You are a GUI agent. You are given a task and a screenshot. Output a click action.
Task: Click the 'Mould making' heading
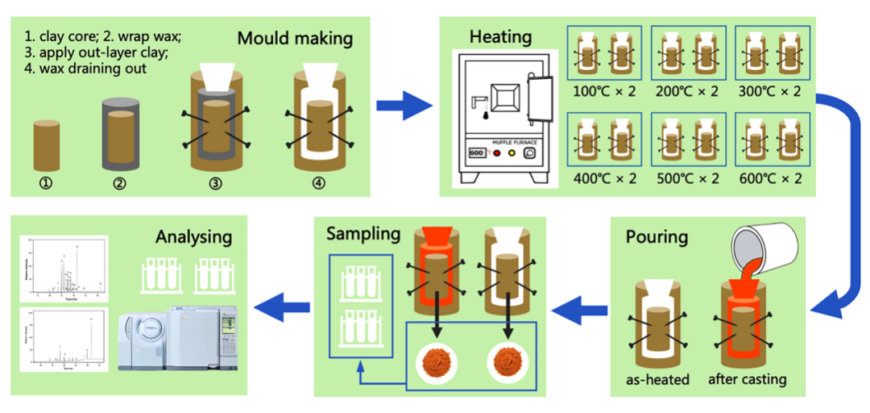(296, 38)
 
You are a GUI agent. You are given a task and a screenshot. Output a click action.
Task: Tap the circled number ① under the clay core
(46, 182)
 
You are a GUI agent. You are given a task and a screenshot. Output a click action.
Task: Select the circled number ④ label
(319, 182)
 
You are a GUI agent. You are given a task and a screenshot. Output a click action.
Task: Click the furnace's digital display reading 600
(475, 152)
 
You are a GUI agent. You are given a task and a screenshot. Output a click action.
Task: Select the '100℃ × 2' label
(604, 90)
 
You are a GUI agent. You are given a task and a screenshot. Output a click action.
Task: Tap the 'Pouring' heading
(657, 237)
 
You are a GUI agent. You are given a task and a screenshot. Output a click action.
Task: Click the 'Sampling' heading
(363, 234)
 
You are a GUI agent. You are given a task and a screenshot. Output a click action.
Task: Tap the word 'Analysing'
(194, 236)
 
